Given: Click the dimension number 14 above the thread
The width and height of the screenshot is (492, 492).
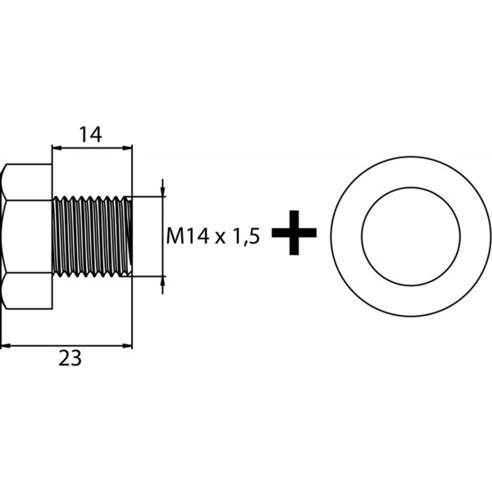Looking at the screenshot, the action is pos(90,134).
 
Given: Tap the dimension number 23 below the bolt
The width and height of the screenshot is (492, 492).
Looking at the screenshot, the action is pos(70,358).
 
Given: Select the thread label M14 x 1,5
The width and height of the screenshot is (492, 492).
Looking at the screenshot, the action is pos(213,236).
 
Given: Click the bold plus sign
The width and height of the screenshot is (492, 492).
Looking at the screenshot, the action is pos(294,233).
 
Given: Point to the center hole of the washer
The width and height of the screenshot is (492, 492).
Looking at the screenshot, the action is pos(411,237).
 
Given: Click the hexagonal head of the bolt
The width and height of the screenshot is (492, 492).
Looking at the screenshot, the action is pos(26,236).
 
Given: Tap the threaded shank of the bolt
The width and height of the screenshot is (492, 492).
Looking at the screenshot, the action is pos(92,236).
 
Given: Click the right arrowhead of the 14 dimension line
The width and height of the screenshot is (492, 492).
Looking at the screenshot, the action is pos(127,148).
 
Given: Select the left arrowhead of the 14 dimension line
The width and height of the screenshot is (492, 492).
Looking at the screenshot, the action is pos(57,148).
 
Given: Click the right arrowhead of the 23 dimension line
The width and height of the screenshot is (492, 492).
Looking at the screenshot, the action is pos(127,346).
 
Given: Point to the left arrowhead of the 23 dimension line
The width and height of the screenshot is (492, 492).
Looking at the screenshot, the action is pos(6,346).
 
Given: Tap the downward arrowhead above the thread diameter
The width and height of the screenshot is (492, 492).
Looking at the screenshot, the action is pos(162,191).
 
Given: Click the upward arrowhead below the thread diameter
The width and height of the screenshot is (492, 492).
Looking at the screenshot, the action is pos(162,281).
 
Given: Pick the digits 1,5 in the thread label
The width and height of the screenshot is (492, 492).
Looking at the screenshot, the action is pos(246,237).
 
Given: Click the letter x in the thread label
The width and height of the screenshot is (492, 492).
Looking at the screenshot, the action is pos(221,239).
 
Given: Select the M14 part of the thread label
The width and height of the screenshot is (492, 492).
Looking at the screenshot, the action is pos(188,236).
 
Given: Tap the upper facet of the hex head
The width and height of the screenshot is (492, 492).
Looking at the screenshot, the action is pos(28,182).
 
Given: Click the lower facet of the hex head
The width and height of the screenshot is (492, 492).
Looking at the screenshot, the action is pos(28,290).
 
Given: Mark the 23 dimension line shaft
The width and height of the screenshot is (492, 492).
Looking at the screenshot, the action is pos(66,346).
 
